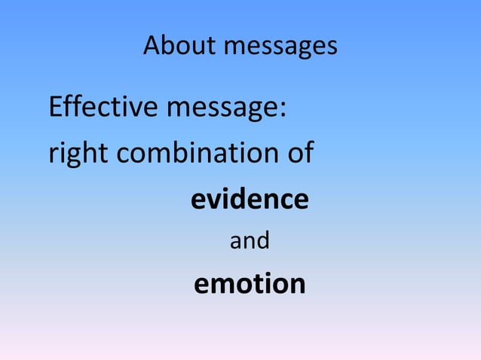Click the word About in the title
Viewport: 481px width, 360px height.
tap(179, 47)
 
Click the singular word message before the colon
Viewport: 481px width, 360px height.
tap(222, 109)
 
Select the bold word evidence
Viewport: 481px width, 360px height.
tap(250, 199)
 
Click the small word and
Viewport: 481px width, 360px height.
tap(250, 242)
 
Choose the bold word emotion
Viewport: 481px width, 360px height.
tap(250, 284)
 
